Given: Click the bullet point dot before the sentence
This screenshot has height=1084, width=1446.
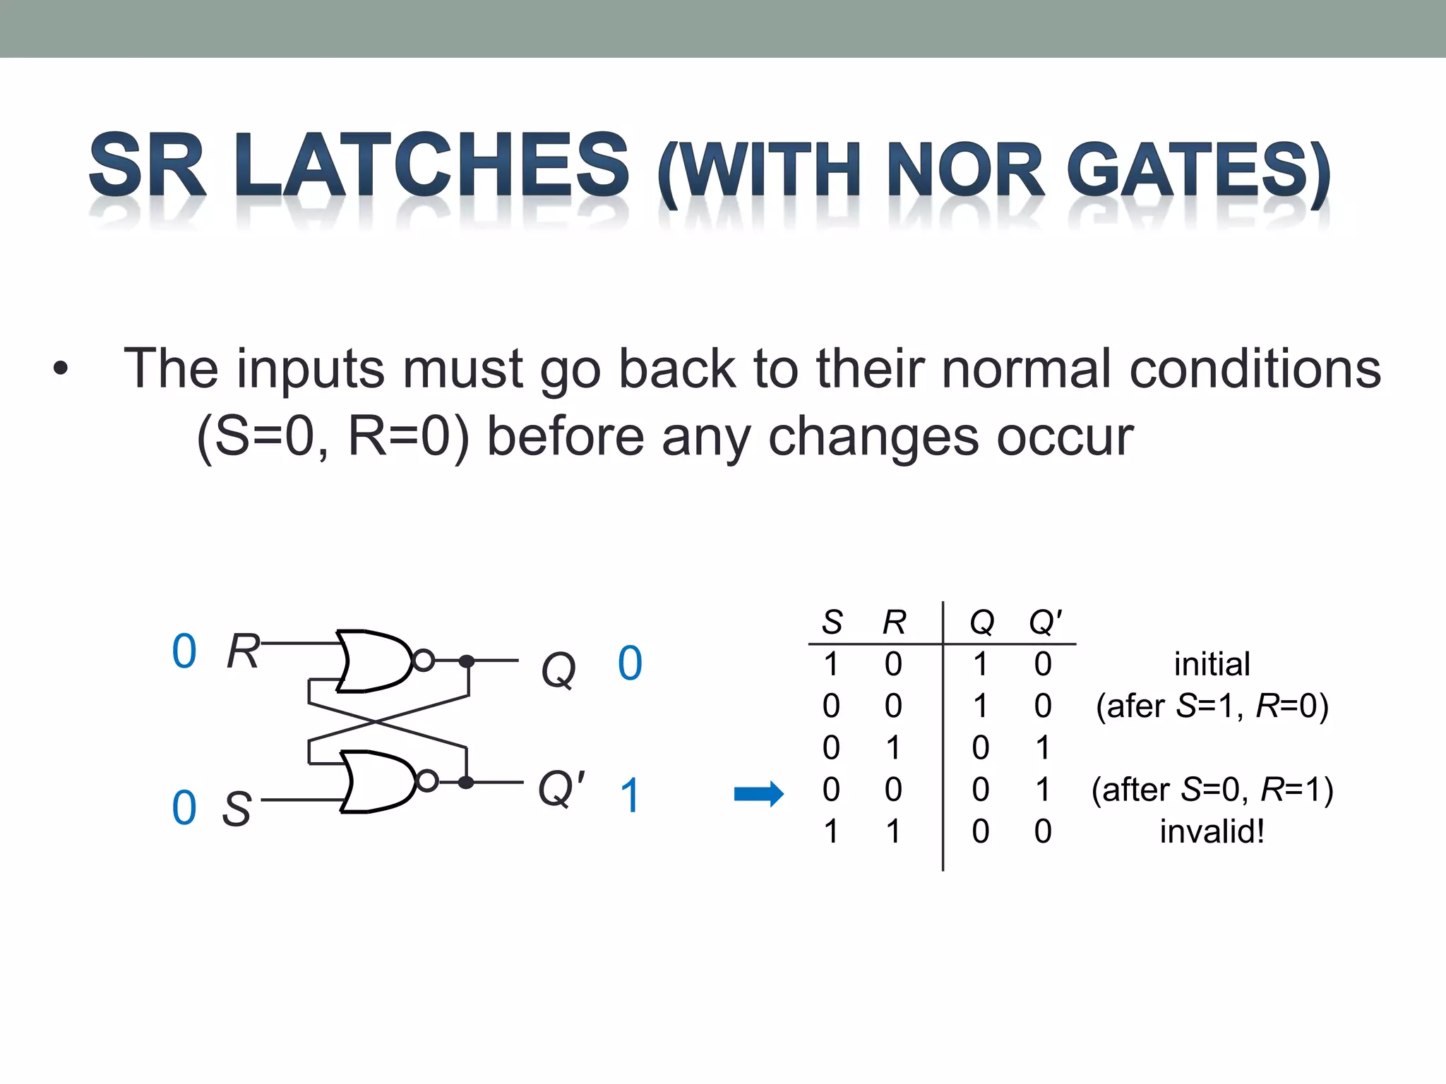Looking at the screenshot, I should click(x=61, y=368).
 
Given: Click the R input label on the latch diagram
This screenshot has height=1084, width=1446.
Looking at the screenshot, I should click(x=243, y=651).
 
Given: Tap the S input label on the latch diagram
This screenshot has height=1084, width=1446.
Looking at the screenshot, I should click(x=237, y=808).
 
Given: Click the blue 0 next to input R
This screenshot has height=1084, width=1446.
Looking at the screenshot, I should click(x=184, y=651).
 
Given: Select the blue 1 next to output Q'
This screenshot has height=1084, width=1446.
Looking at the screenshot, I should click(x=630, y=796).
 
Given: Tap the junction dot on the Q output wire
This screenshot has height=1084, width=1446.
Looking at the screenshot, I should click(x=467, y=661).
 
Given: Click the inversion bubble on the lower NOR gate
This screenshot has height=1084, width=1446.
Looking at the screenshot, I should click(x=427, y=781).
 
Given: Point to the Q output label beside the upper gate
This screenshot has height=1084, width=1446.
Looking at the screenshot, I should click(x=558, y=668).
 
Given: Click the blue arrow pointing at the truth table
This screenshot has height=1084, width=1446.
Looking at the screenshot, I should click(x=759, y=794).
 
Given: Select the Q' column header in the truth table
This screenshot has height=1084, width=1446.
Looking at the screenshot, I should click(x=1045, y=622).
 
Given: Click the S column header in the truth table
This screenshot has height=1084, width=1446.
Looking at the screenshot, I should click(x=832, y=622).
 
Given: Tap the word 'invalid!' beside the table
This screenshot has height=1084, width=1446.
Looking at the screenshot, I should click(x=1212, y=831).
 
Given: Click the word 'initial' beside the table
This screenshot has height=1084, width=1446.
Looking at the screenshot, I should click(x=1212, y=664).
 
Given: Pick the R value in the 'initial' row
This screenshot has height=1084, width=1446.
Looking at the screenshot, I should click(x=893, y=664).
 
